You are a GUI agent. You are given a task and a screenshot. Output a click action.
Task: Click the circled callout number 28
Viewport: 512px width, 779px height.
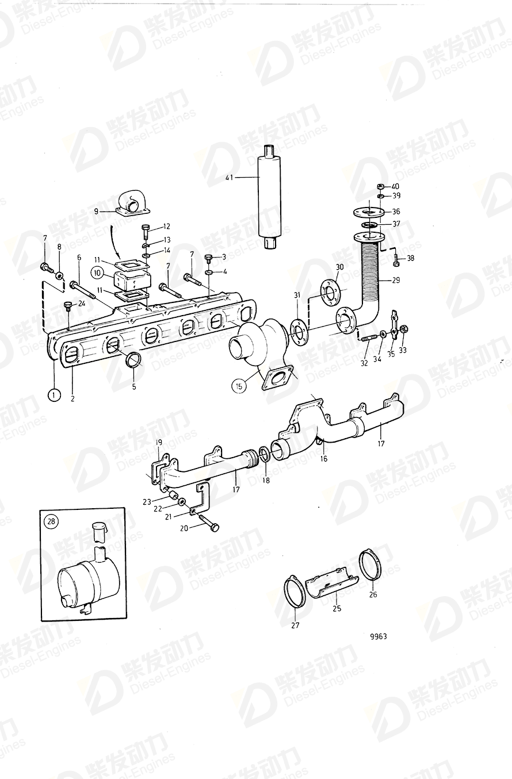point(51,522)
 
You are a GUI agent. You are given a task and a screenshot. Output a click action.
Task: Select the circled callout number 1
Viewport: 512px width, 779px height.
point(54,395)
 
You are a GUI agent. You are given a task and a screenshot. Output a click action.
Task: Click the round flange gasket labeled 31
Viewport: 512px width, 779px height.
point(299,332)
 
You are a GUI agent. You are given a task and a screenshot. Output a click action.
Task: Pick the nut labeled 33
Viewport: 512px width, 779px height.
point(403,329)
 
